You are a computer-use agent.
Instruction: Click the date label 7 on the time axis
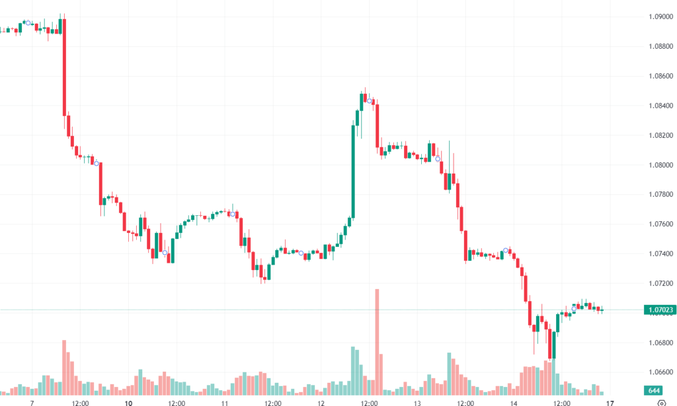32,402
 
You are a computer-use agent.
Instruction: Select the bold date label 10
128,402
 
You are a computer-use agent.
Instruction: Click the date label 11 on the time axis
225,402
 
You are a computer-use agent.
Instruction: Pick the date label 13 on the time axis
417,402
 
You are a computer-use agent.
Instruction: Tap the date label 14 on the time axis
514,402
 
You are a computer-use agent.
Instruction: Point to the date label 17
610,402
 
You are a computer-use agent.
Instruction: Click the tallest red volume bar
377,337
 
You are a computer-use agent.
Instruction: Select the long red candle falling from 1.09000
64,66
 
